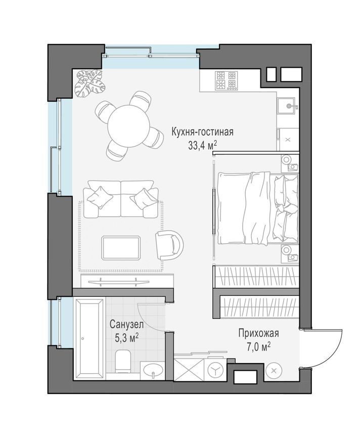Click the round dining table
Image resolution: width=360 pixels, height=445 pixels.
pyautogui.click(x=128, y=126)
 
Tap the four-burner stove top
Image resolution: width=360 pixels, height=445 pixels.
pyautogui.click(x=226, y=80)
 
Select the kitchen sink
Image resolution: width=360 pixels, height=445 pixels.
pyautogui.click(x=287, y=106)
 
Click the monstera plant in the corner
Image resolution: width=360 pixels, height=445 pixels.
pyautogui.click(x=89, y=82)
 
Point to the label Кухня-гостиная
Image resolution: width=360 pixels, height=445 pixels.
pyautogui.click(x=202, y=132)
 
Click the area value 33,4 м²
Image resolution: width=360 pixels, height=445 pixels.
pyautogui.click(x=202, y=146)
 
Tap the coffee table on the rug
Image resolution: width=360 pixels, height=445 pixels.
pyautogui.click(x=121, y=247)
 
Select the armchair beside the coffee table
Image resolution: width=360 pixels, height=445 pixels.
pyautogui.click(x=169, y=245)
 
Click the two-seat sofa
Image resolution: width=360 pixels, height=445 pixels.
pyautogui.click(x=121, y=199)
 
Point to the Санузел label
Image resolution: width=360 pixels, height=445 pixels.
pyautogui.click(x=126, y=324)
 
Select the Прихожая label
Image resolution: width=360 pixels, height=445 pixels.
pyautogui.click(x=258, y=333)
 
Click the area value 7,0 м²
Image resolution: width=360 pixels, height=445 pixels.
pyautogui.click(x=258, y=347)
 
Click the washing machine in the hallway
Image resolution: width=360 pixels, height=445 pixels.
pyautogui.click(x=215, y=370)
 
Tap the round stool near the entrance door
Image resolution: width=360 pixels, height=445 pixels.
pyautogui.click(x=274, y=370)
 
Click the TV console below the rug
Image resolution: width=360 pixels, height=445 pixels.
pyautogui.click(x=127, y=281)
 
